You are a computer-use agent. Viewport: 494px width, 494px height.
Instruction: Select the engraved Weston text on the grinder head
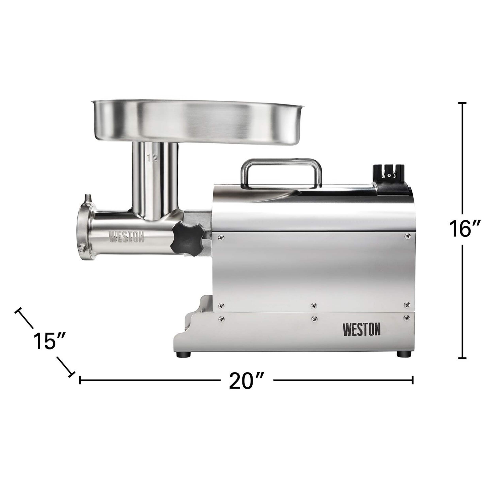coord(127,237)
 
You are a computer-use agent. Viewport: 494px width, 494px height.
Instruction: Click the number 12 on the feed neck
coord(152,158)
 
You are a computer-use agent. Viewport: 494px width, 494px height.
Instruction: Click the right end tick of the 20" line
coord(412,387)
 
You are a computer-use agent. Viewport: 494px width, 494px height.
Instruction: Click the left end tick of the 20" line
coord(80,387)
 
